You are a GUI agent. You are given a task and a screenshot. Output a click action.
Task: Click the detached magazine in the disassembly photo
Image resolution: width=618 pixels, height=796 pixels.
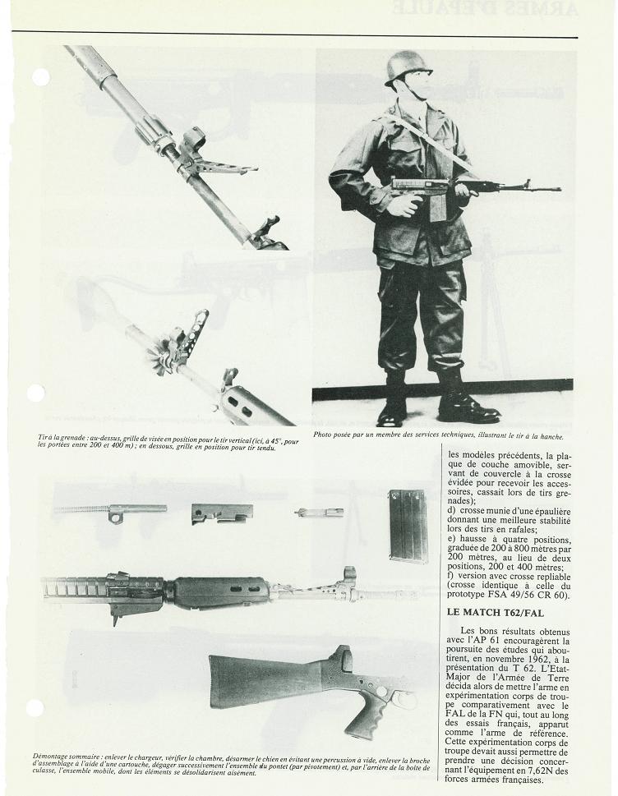click(408, 525)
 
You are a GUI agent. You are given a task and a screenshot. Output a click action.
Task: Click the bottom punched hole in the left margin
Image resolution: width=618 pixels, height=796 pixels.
click(35, 707)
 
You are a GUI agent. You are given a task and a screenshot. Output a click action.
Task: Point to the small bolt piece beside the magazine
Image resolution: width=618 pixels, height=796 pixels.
click(319, 512)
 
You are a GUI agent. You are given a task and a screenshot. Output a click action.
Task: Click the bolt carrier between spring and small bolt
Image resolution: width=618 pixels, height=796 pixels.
click(222, 513)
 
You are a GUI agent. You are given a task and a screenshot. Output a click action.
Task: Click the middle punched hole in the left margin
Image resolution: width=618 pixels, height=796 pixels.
click(35, 393)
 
